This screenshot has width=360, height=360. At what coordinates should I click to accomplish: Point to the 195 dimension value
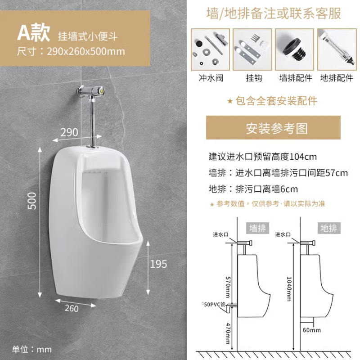tap(158, 264)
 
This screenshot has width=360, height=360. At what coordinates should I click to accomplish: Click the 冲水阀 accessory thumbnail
tap(211, 49)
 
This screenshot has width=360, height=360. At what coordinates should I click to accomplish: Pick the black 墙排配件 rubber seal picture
tap(294, 49)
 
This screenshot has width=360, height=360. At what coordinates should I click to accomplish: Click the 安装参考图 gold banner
tap(277, 128)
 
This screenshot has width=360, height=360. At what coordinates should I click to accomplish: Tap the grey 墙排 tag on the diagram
tap(258, 228)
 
